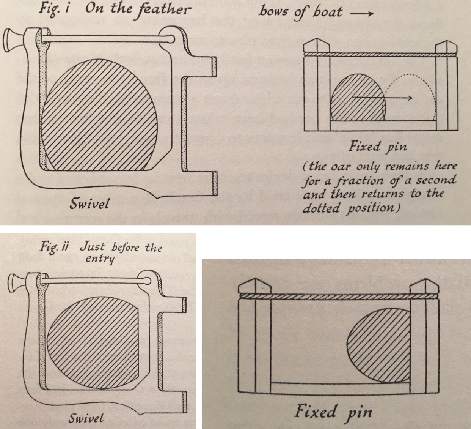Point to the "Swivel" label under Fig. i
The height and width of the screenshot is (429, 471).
(x=89, y=203)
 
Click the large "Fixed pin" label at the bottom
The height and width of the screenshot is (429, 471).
(x=333, y=412)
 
